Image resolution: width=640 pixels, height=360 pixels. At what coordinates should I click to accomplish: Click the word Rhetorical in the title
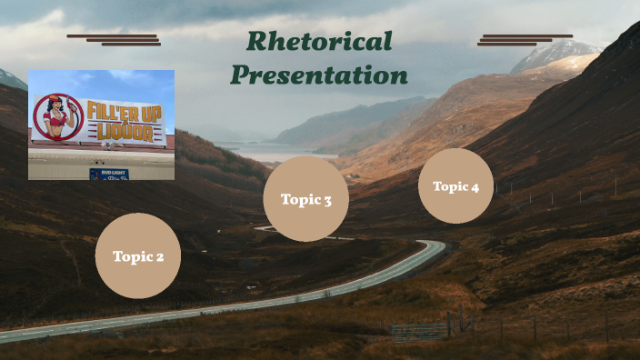319,42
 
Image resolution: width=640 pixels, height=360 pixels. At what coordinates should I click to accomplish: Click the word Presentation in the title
319,75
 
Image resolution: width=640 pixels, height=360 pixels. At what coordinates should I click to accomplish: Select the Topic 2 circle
138,255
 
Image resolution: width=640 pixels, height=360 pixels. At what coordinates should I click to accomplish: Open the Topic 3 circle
306,199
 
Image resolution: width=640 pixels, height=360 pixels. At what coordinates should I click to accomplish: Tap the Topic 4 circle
455,186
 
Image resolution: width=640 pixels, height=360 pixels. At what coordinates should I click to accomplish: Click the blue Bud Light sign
108,173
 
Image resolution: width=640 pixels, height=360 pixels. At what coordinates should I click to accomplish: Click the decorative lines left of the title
114,39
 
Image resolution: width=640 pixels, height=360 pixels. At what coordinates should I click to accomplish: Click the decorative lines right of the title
525,39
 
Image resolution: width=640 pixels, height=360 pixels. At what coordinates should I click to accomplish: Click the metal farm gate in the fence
420,330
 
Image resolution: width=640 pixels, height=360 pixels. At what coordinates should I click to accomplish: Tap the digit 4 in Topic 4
475,187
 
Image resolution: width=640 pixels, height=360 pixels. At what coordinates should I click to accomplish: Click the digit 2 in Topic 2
159,257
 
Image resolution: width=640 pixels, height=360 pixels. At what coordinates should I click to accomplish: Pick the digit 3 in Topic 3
327,200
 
